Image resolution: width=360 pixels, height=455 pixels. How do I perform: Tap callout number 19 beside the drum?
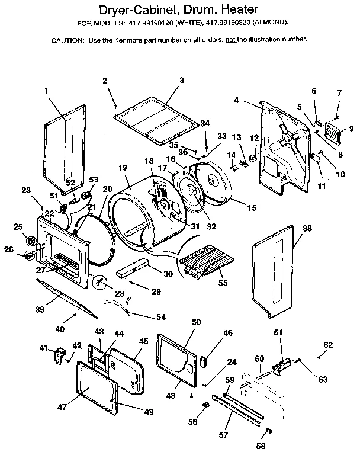(123, 168)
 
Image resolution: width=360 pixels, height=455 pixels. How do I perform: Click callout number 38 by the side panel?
(306, 227)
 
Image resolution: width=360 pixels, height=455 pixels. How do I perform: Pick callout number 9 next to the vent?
(351, 128)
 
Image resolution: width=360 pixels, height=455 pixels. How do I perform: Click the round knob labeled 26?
(28, 257)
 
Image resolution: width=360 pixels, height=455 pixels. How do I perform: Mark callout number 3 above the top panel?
(182, 80)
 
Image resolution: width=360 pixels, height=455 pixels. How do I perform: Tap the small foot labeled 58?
(268, 431)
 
